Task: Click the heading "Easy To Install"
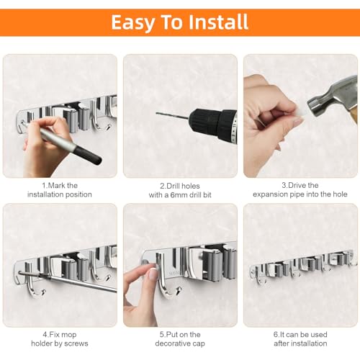click(x=179, y=22)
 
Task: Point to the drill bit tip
click(x=158, y=113)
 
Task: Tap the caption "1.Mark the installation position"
click(x=60, y=189)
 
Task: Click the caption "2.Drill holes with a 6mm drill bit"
click(x=179, y=189)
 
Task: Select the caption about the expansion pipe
click(x=300, y=189)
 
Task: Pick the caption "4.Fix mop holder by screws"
click(x=60, y=338)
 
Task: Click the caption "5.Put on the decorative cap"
click(x=179, y=338)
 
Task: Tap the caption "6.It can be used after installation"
click(x=300, y=338)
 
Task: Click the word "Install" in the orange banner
click(x=212, y=22)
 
